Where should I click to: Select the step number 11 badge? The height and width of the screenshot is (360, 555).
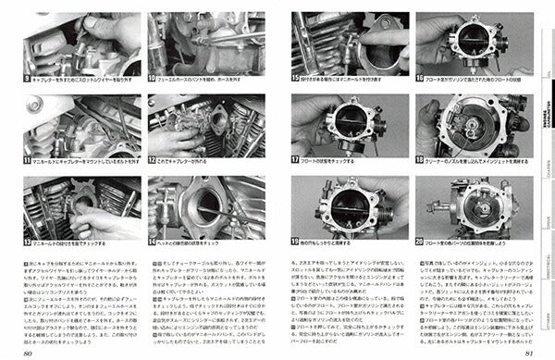point(27,162)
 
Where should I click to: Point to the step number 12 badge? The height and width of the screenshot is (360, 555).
point(152,162)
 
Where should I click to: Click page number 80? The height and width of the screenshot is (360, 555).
point(29,352)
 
